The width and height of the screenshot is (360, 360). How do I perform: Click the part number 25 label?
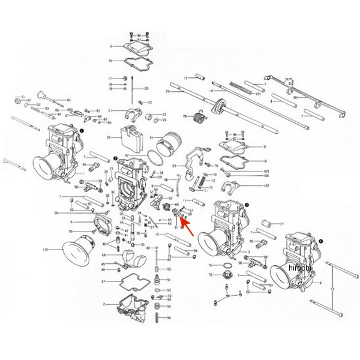(110, 137)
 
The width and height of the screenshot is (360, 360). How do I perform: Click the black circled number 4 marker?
(320, 241)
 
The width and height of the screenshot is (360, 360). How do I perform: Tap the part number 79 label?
(169, 92)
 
